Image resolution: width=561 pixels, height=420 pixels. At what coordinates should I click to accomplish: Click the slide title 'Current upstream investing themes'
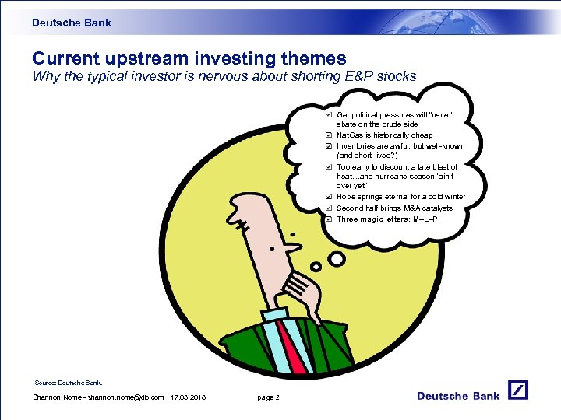pyautogui.click(x=189, y=58)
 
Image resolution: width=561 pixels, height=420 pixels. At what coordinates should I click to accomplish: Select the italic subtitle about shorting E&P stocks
pyautogui.click(x=224, y=76)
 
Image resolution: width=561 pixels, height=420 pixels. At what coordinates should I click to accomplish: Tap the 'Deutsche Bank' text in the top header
pyautogui.click(x=72, y=23)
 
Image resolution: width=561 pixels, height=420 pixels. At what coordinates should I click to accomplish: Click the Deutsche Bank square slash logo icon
pyautogui.click(x=519, y=390)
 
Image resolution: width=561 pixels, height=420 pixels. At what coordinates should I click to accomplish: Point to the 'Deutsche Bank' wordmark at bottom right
pyautogui.click(x=458, y=396)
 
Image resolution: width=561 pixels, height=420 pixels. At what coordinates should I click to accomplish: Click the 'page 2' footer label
pyautogui.click(x=268, y=398)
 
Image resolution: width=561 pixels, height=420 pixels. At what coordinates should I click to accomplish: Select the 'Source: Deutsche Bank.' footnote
pyautogui.click(x=69, y=383)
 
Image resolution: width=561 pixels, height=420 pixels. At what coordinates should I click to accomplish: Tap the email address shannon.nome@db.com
pyautogui.click(x=120, y=398)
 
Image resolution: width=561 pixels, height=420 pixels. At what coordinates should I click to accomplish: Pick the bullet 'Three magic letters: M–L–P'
pyautogui.click(x=386, y=219)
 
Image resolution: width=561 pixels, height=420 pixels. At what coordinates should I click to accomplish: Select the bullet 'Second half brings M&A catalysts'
pyautogui.click(x=394, y=208)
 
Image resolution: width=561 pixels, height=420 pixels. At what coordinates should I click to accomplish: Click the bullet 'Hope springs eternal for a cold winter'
pyautogui.click(x=400, y=197)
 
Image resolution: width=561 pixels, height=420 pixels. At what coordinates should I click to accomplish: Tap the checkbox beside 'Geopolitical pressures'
pyautogui.click(x=330, y=114)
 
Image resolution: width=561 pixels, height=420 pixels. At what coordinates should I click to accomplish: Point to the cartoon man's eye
pyautogui.click(x=272, y=249)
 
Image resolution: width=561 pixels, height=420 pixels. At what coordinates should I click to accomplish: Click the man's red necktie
pyautogui.click(x=291, y=341)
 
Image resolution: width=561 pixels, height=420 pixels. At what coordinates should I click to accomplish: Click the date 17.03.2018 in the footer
pyautogui.click(x=187, y=398)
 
